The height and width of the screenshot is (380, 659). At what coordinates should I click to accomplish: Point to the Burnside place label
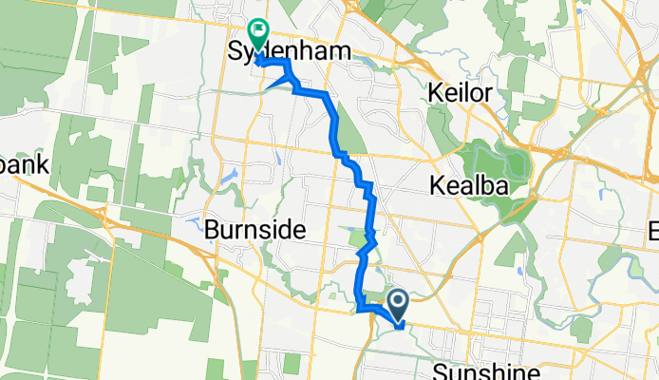254,230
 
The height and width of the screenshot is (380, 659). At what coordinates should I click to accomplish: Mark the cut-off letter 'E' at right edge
653,231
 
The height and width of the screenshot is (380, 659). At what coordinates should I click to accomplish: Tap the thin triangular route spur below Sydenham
277,83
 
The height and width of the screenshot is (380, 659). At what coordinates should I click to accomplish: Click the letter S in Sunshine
438,369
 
